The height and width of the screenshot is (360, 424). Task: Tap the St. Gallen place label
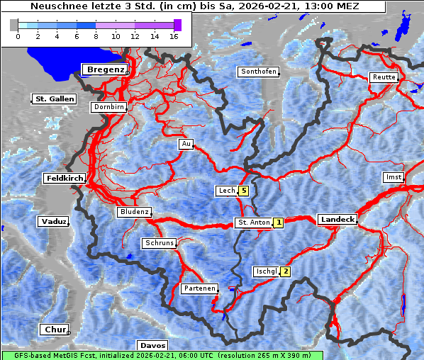[x=54, y=99]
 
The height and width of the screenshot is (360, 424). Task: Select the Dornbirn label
[x=109, y=107]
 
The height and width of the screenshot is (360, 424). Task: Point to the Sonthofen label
[x=258, y=72]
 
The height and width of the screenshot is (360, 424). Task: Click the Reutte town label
[x=383, y=77]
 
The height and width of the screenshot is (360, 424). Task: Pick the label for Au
[x=186, y=144]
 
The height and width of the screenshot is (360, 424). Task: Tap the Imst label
[x=392, y=176]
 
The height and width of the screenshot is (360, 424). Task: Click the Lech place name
[x=226, y=191]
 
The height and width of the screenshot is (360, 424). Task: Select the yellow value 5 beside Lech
[x=243, y=191]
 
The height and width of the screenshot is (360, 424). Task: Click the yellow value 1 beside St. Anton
[x=279, y=223]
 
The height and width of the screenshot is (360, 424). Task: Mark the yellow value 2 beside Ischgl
[x=285, y=271]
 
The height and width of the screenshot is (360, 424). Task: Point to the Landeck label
[x=337, y=220]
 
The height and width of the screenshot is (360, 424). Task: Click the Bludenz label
[x=134, y=212]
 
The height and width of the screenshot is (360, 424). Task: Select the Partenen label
[x=199, y=288]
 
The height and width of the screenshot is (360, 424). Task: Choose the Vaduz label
[x=53, y=221]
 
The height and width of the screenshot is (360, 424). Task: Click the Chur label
[x=54, y=330]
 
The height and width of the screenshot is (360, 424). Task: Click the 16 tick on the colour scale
[x=174, y=35]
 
